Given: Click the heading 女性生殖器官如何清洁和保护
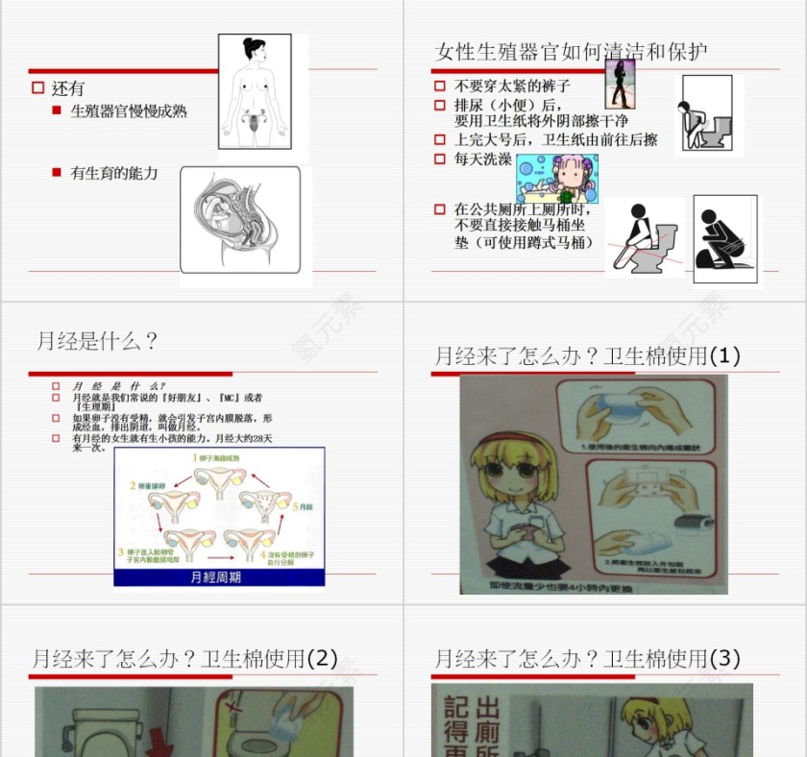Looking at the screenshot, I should [572, 52].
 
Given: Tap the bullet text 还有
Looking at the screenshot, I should [68, 88].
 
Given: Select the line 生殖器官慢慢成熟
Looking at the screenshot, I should [129, 111].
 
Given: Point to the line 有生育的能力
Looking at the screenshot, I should [114, 174].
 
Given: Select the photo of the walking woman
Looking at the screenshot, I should [621, 85].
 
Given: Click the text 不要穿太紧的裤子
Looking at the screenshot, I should [512, 86].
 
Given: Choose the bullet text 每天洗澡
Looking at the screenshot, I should [483, 159].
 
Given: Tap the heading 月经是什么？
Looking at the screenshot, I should [97, 341].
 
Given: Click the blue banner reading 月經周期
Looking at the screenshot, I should [218, 577].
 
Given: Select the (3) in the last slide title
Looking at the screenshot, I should [724, 659].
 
